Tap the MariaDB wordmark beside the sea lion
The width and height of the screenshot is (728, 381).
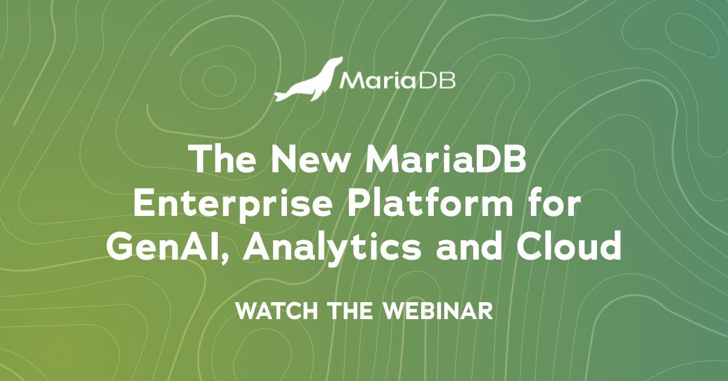(397, 81)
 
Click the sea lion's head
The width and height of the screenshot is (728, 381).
(335, 64)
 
